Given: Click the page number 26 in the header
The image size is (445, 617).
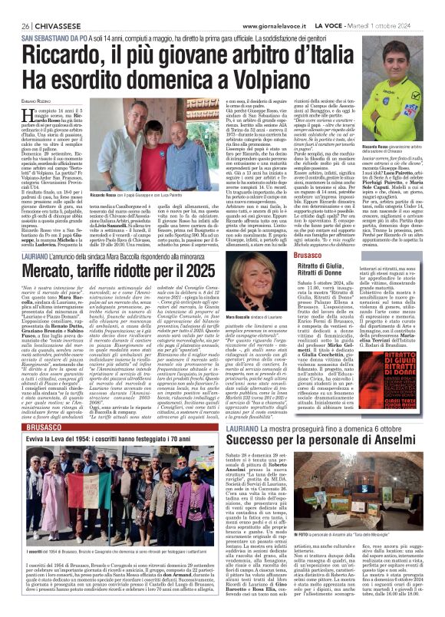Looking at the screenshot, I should tap(15, 26).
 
